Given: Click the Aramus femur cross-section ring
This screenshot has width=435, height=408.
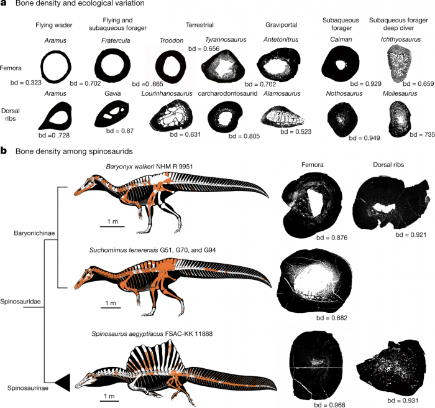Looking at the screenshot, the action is click(x=56, y=67).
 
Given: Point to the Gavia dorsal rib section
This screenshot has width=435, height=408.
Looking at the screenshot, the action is click(x=111, y=114).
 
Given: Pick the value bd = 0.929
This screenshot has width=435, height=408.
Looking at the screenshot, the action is click(x=365, y=83).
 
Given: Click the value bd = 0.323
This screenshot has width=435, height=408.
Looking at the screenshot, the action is click(x=26, y=83).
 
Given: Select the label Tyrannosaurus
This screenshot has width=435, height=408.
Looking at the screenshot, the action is click(x=226, y=40).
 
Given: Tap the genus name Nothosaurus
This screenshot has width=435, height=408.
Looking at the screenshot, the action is click(x=344, y=93).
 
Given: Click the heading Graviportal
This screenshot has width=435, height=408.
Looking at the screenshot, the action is click(x=282, y=25).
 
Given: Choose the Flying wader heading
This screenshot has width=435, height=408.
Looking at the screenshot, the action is click(x=54, y=25).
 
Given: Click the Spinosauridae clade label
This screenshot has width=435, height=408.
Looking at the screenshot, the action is click(x=21, y=302).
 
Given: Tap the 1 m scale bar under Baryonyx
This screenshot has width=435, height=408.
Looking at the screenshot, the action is click(x=112, y=226).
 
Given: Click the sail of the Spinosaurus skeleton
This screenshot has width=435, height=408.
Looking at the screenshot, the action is click(x=152, y=358).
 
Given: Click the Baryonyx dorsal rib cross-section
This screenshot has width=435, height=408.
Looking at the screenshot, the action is click(x=391, y=203).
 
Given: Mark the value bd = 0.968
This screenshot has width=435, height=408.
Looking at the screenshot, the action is click(x=329, y=405).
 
